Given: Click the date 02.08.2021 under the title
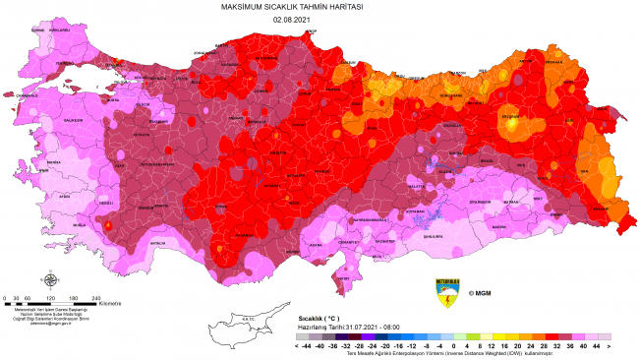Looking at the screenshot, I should point(319,19).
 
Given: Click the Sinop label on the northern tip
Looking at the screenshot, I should point(314,31).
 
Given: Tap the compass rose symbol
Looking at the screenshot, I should point(49,281).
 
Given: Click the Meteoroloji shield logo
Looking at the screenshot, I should point(447,292).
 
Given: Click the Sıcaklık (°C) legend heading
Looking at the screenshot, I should point(320,320).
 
